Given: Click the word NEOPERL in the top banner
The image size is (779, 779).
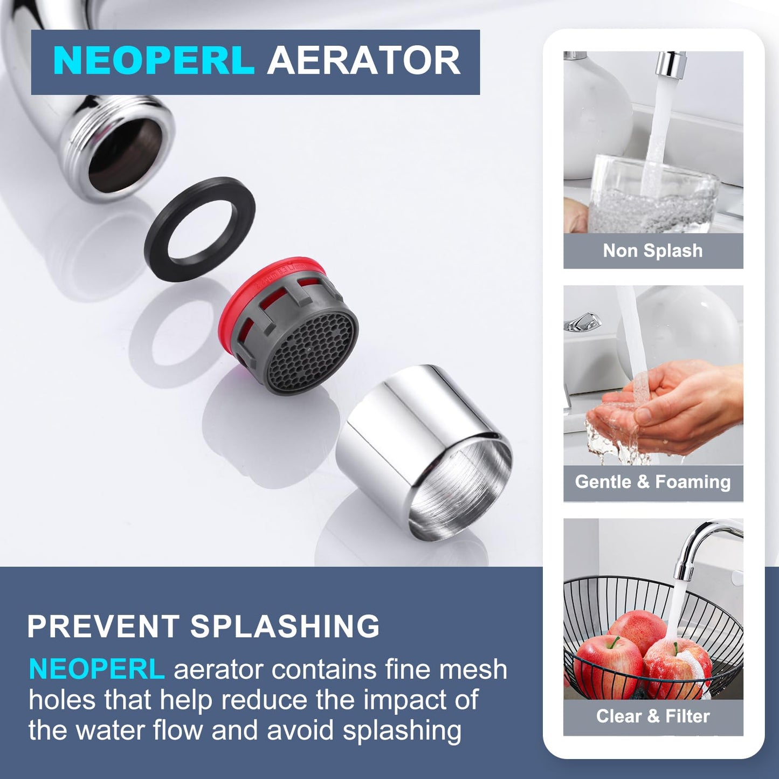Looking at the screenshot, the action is point(154,60).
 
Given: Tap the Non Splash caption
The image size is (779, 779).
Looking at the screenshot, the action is point(653,251).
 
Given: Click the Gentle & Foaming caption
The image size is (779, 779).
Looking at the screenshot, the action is point(653,482).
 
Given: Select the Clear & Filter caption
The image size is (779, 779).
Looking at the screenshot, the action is point(653,716).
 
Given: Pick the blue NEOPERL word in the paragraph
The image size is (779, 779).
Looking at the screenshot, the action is point(96,669).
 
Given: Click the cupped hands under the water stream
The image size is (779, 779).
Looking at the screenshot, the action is point(663,408).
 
